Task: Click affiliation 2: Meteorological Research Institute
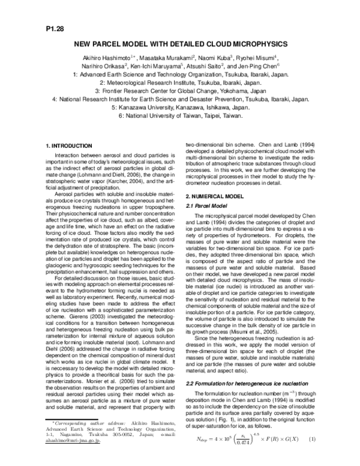coord(180,83)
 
